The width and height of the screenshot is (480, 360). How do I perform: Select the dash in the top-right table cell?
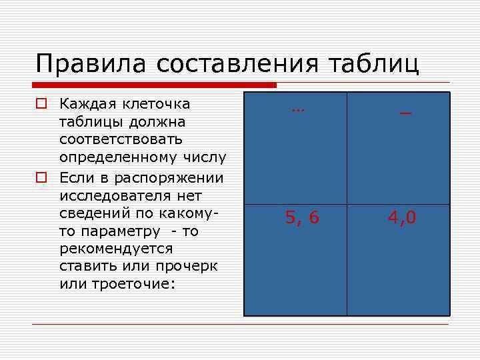click(405, 114)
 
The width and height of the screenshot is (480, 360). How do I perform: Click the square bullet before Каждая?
click(41, 105)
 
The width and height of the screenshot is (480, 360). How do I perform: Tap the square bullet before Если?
click(41, 178)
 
